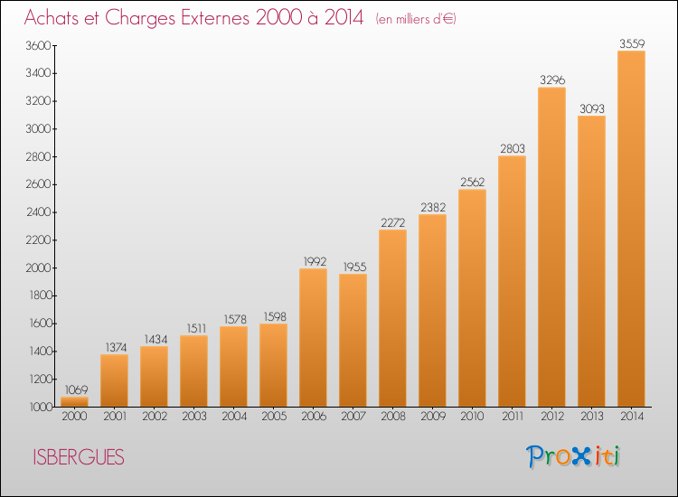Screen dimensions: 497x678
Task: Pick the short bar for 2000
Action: (74, 401)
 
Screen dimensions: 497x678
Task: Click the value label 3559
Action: (631, 43)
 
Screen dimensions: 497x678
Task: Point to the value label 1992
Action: (313, 261)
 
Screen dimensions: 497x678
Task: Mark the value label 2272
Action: (392, 222)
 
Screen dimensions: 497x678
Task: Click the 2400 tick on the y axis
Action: (40, 212)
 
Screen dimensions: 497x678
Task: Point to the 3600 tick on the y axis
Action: (40, 46)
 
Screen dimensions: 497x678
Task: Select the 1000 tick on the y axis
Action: (40, 407)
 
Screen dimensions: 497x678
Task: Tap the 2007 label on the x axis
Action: (353, 417)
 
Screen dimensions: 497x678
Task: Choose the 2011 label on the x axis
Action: (512, 417)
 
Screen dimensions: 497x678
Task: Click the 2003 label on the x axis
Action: (193, 417)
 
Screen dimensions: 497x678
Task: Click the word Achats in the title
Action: (56, 18)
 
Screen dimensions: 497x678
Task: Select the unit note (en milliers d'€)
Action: (416, 19)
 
